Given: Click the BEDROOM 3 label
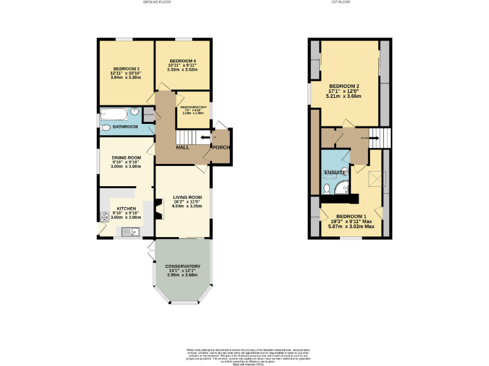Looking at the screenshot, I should coord(126,69).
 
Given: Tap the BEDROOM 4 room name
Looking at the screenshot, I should coord(182,60).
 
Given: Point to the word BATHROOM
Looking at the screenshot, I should coord(125,127).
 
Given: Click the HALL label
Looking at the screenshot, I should coord(183,147).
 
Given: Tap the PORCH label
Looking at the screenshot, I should coord(221,148).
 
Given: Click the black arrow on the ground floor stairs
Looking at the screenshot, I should coord(205,137).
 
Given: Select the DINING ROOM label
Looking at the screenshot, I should coord(126,158).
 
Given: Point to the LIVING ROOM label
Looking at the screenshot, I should coord(187,198).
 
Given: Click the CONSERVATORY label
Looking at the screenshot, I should coord(183,266).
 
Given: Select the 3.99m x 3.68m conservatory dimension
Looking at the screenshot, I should coord(183,274).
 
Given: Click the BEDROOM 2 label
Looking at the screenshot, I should coord(344,86).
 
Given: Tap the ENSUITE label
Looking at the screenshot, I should coord(334,173).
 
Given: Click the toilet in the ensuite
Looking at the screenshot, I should coord(327,189).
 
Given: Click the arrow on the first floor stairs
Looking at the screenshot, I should coord(364,137).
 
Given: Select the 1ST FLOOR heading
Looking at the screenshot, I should coord(341,3).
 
